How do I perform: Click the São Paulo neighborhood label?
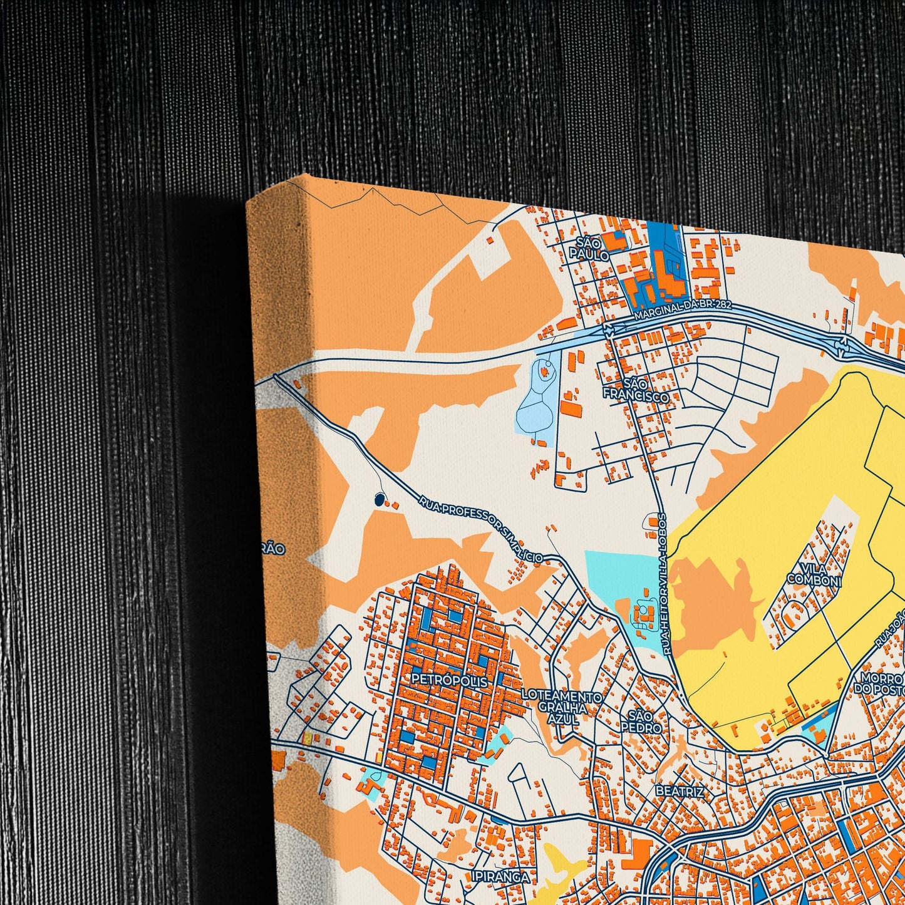coord(593,249)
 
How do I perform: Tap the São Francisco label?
coord(635,389)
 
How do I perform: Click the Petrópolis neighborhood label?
coord(449,680)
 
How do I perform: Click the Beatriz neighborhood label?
coord(679,792)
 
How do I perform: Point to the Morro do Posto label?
coord(880,683)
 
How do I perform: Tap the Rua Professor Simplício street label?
coord(480,527)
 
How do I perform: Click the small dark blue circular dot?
coord(378,499)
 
